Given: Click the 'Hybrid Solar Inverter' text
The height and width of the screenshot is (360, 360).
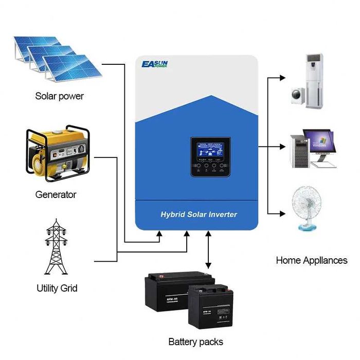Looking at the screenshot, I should tap(199, 214).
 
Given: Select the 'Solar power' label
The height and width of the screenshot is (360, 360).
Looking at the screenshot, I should tap(59, 96).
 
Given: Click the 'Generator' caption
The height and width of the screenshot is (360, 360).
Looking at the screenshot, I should tap(56, 195).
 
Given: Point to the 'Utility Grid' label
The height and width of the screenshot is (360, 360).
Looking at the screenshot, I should tap(57, 288).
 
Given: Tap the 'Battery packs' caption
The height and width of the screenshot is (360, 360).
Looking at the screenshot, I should tap(195, 341).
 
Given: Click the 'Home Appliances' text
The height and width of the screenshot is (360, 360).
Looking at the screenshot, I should tap(312, 260).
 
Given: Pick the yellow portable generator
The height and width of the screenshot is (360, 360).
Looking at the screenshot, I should tap(57, 154).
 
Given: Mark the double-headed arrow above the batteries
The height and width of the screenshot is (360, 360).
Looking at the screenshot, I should tap(208, 250).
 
